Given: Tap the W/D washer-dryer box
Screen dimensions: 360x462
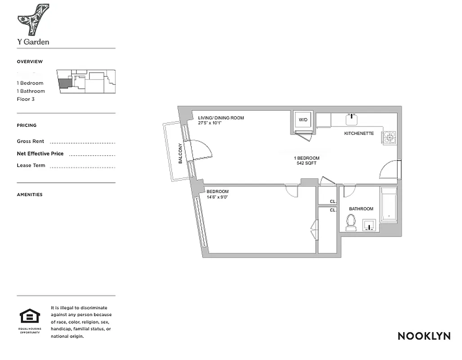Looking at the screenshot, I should click(x=303, y=120).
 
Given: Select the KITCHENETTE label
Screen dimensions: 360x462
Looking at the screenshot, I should click(x=359, y=134).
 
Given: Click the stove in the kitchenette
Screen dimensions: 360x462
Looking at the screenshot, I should click(x=389, y=137).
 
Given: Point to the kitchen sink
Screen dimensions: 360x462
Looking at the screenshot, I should click(x=351, y=119).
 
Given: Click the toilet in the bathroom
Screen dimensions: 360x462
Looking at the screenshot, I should click(x=351, y=222).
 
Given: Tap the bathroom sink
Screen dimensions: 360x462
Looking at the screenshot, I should click(x=369, y=225).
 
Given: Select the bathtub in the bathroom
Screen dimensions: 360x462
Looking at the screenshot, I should click(x=389, y=205).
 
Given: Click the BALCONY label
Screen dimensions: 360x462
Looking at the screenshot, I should click(x=180, y=153).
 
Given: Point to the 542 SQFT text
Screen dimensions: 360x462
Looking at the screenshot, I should click(x=306, y=163).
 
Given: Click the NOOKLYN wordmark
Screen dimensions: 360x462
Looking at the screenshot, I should click(x=424, y=336).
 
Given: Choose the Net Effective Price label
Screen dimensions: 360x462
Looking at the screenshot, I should click(x=40, y=153).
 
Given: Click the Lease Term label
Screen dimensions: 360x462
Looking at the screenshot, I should click(x=31, y=165).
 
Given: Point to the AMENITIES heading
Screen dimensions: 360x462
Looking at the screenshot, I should click(x=30, y=195).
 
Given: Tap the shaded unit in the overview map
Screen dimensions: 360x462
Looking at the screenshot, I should click(x=65, y=82).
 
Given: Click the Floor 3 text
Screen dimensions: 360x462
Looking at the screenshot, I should click(x=26, y=99).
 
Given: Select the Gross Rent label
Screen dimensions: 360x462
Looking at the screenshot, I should click(x=31, y=141).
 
